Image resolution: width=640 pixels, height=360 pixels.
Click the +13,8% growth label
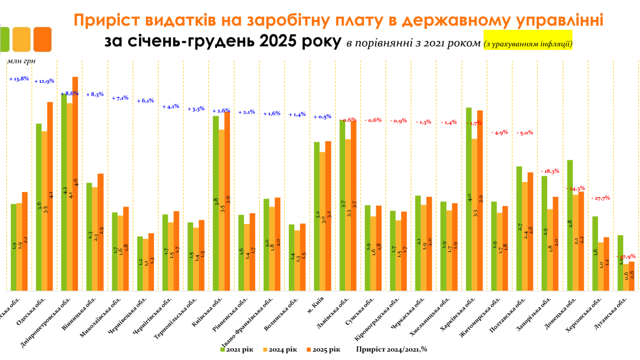(x=19, y=79)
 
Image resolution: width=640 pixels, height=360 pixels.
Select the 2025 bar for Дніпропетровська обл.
(x=75, y=182)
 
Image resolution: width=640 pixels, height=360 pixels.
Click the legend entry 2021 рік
(x=236, y=349)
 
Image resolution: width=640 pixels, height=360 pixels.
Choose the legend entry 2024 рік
(x=280, y=349)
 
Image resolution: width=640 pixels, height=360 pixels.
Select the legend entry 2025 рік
(x=323, y=349)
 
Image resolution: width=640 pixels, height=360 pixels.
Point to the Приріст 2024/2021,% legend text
(x=392, y=349)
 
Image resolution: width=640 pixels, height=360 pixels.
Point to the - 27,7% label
(x=601, y=198)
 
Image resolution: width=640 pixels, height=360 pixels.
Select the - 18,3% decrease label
(x=550, y=171)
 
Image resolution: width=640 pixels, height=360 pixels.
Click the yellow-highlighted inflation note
(x=528, y=44)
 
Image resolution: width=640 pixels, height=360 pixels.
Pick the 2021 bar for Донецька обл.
(x=570, y=225)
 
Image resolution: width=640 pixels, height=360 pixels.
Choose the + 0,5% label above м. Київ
(x=322, y=117)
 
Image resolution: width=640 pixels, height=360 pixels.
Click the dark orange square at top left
(x=43, y=39)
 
